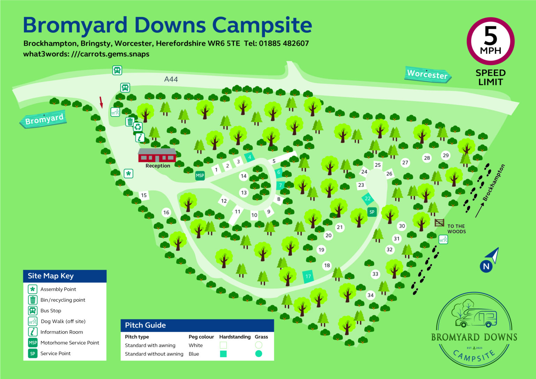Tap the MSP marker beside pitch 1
200,176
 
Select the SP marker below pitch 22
372,212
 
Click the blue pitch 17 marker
308,276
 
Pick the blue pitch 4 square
250,157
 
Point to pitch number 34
371,295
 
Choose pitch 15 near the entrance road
144,195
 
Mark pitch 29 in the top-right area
446,156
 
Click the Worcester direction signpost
427,74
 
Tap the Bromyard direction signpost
44,119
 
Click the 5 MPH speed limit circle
490,41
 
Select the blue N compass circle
486,267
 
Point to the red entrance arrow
101,102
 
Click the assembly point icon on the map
128,173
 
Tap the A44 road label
171,79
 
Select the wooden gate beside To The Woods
439,223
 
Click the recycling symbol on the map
138,127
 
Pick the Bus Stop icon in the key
32,311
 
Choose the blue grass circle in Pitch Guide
259,354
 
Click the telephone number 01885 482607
284,44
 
